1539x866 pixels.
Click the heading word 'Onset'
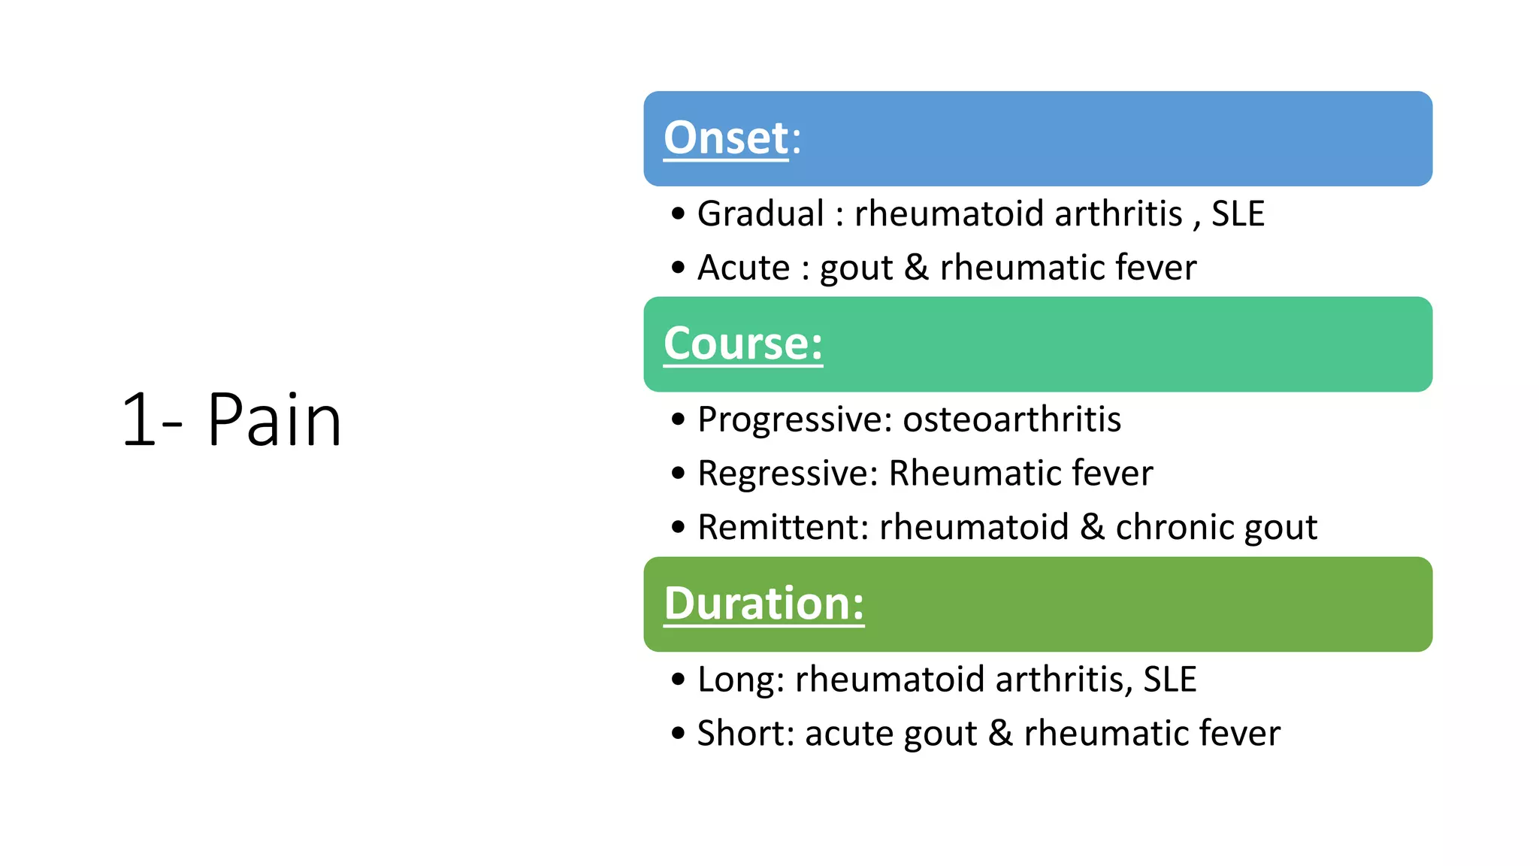pyautogui.click(x=725, y=138)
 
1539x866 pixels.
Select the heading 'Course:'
pyautogui.click(x=742, y=344)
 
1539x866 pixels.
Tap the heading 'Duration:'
pyautogui.click(x=763, y=604)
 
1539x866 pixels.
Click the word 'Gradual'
pyautogui.click(x=760, y=214)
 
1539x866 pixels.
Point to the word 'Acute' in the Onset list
pyautogui.click(x=743, y=268)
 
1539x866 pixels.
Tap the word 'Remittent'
pyautogui.click(x=782, y=527)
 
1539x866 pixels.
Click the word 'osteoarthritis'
pyautogui.click(x=1011, y=419)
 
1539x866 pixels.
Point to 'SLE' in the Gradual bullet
pyautogui.click(x=1238, y=214)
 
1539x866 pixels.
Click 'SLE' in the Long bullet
pyautogui.click(x=1169, y=680)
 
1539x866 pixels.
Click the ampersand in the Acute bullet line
pyautogui.click(x=916, y=268)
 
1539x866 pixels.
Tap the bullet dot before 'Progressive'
pyautogui.click(x=679, y=419)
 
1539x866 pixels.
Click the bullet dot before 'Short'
pyautogui.click(x=679, y=733)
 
